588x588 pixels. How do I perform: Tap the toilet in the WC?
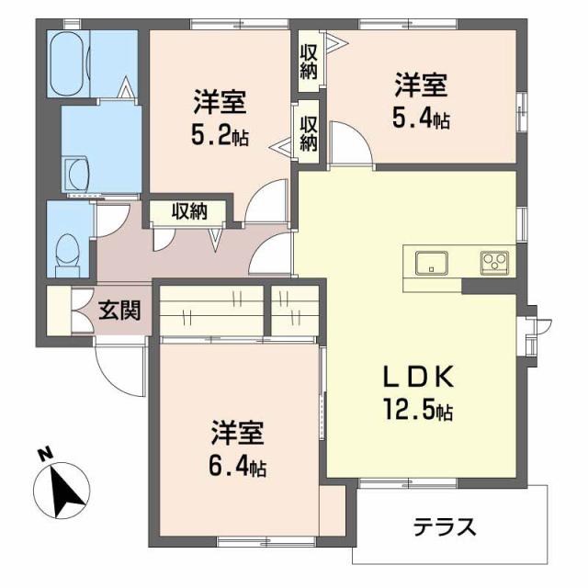tap(66, 251)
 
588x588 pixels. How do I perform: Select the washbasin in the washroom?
tap(74, 171)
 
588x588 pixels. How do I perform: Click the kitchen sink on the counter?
tap(431, 263)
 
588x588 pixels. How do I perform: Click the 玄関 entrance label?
tap(119, 311)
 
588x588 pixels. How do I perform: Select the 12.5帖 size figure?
tap(419, 411)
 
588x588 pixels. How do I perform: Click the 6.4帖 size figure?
tap(237, 468)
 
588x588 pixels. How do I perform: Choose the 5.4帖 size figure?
tap(421, 119)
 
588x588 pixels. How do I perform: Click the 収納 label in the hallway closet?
tap(189, 211)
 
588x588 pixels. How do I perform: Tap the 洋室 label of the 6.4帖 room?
tap(237, 433)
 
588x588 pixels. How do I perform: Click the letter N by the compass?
tap(43, 453)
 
